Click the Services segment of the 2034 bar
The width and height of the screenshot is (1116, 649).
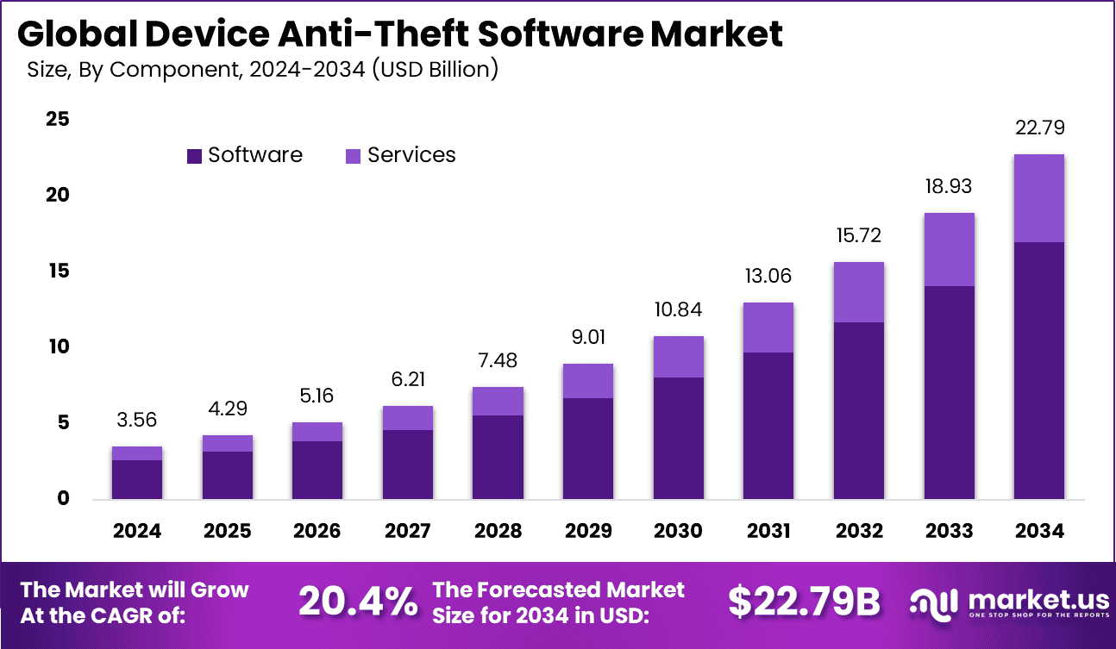coord(1039,198)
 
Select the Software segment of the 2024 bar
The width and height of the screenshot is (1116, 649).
coord(137,479)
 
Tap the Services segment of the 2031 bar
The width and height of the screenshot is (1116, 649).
coord(768,328)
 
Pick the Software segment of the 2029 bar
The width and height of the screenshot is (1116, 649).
coord(588,448)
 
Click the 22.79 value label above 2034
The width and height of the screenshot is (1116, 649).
coord(1039,128)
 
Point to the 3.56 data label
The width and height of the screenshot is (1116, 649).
coord(137,420)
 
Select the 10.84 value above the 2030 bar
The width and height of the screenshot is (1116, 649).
coord(678,309)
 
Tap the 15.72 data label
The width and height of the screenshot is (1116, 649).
coord(858,235)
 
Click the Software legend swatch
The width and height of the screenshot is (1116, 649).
coord(194,156)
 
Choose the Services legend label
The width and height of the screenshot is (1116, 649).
coord(411,155)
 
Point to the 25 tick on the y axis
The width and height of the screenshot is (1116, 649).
coord(57,119)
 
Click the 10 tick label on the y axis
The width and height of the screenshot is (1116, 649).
coord(57,346)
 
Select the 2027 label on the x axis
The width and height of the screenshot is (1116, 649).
coord(408,531)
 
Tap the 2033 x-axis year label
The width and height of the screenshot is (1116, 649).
coord(949,531)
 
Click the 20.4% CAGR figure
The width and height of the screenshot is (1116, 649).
coord(357,602)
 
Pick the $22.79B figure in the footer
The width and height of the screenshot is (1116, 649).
coord(804,602)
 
